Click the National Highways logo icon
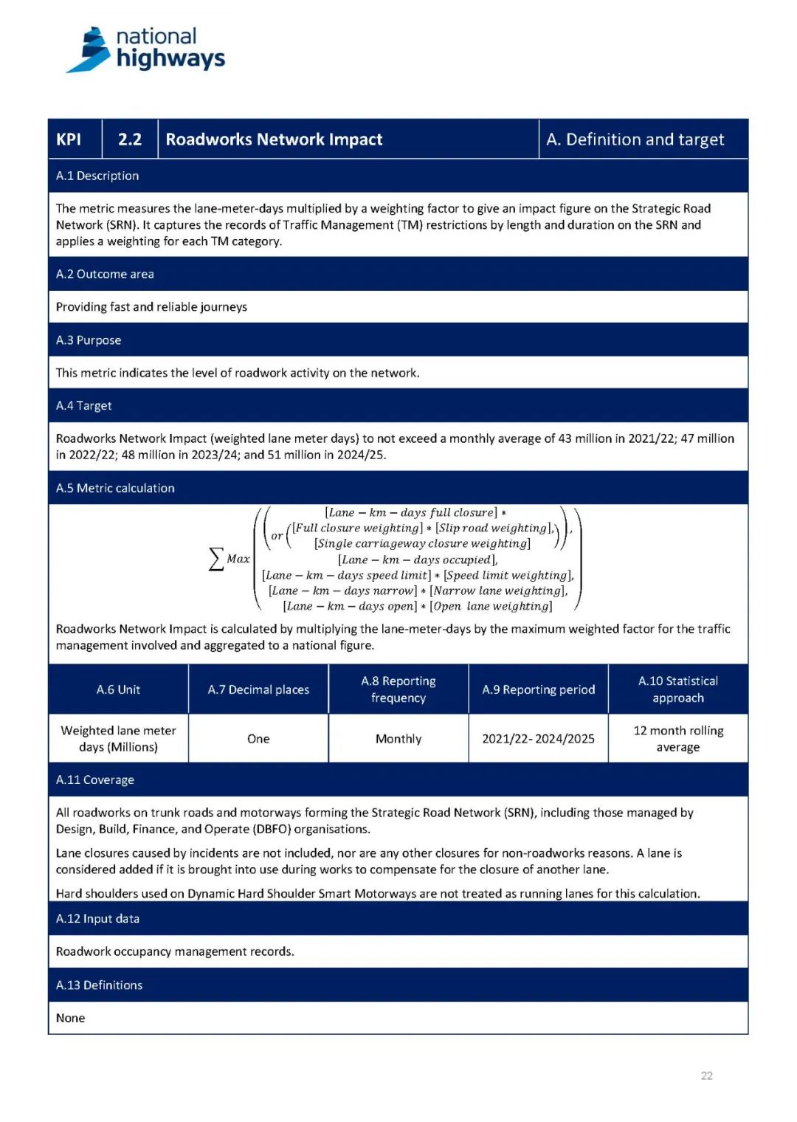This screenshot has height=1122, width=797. [x=90, y=50]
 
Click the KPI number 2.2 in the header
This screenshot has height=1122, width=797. [x=130, y=140]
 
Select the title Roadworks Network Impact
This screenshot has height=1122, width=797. [x=274, y=140]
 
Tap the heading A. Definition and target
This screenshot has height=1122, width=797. [x=635, y=140]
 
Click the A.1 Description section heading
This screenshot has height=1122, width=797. [x=97, y=176]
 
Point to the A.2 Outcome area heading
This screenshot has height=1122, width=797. [x=105, y=274]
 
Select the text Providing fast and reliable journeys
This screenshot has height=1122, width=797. [x=151, y=306]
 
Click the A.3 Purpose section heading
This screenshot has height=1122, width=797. [x=89, y=340]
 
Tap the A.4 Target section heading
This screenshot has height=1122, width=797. [x=84, y=405]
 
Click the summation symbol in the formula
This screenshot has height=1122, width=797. [x=216, y=559]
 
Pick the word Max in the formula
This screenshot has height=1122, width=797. [x=238, y=559]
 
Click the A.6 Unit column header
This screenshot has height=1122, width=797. [x=118, y=689]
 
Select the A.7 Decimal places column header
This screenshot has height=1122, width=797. [x=258, y=689]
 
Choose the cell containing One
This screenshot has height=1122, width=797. [x=258, y=738]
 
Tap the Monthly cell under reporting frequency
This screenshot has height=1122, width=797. [x=398, y=738]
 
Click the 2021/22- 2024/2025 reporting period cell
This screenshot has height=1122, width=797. [x=538, y=738]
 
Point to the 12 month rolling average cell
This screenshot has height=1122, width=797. [x=678, y=738]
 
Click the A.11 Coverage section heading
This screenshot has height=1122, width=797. [x=95, y=779]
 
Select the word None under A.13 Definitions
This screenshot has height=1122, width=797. [x=71, y=1018]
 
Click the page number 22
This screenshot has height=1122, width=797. [x=707, y=1075]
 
